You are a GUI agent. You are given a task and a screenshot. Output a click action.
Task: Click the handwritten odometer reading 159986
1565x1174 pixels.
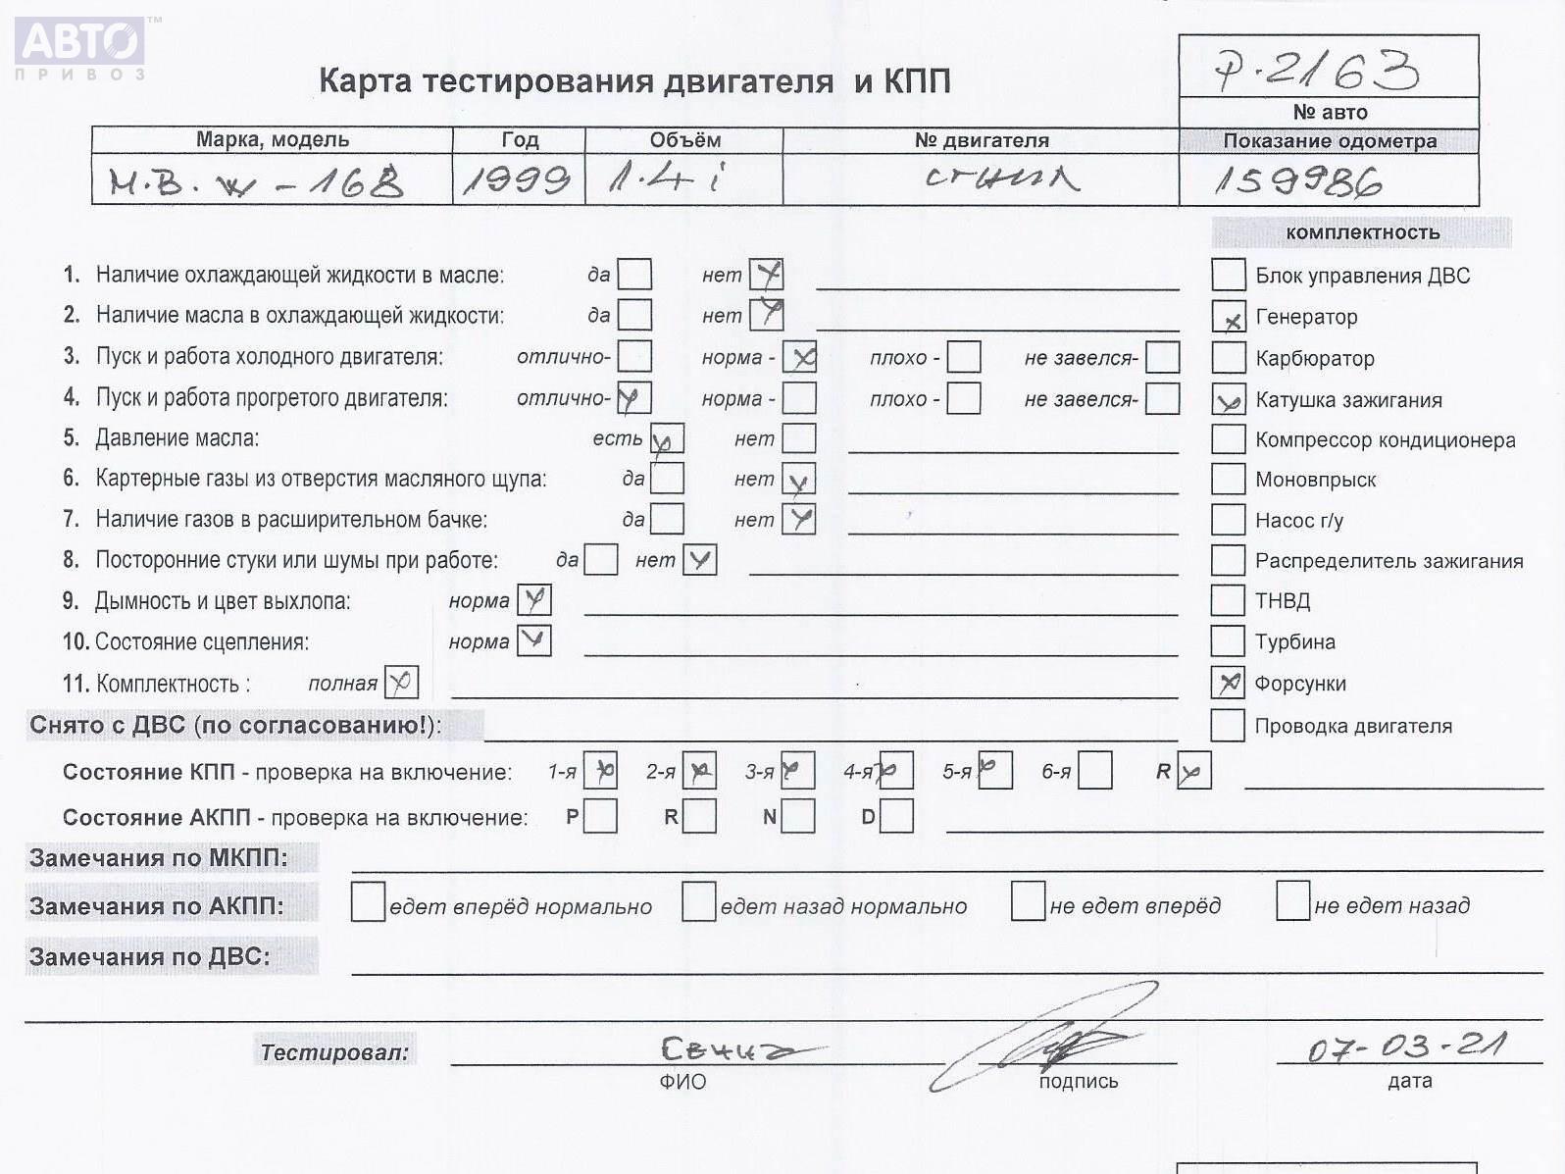coord(1297,181)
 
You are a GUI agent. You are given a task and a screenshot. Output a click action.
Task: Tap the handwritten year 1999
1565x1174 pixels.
coord(517,179)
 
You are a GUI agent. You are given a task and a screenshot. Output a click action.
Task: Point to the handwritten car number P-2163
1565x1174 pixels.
coord(1316,70)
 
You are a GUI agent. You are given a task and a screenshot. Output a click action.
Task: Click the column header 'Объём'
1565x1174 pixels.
coord(684,140)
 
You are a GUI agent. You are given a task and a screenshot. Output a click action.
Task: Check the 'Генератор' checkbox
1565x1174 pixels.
coord(1228,317)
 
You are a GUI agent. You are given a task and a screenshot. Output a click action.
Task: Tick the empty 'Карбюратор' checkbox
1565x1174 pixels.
coord(1228,358)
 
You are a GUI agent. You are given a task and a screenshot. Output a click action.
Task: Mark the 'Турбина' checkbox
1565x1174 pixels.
coord(1228,641)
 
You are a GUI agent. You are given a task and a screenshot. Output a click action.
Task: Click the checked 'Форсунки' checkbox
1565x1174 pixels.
coord(1228,683)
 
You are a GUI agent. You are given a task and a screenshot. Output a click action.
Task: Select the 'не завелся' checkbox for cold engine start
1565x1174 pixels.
coord(1162,357)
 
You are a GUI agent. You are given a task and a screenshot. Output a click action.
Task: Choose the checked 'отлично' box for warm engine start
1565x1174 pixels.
coord(633,397)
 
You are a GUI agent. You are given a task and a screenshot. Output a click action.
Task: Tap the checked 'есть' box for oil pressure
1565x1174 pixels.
coord(667,438)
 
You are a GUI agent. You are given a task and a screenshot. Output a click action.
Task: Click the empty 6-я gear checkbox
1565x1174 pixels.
coord(1095,771)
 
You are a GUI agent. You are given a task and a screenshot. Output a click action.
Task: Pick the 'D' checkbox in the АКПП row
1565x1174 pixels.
coord(896,816)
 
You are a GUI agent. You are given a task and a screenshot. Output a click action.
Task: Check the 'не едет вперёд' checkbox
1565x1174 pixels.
coord(1028,901)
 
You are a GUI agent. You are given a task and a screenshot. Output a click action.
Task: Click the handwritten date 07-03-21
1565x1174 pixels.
coord(1406,1046)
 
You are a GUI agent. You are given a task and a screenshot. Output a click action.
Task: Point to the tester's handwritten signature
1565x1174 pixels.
coord(1049,1045)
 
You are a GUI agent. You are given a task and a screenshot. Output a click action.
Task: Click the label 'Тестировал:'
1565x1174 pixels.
coord(334,1051)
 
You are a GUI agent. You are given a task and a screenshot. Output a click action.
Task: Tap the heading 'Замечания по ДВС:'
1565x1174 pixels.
coord(149,956)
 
